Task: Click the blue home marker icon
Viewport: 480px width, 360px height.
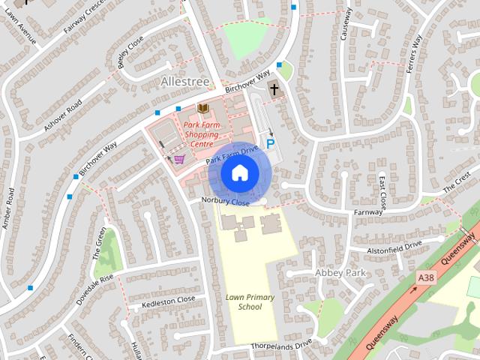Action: click(238, 173)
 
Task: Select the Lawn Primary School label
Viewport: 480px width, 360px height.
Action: click(250, 302)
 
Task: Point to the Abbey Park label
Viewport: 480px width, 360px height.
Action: click(340, 272)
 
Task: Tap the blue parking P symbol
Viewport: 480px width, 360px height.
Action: click(270, 143)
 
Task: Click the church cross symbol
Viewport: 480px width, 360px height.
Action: click(274, 90)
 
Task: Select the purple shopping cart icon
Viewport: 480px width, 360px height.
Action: click(179, 159)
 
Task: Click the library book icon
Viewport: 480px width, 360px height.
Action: click(202, 109)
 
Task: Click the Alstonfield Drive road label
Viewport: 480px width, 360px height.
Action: click(395, 246)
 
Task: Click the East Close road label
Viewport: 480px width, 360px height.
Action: click(382, 193)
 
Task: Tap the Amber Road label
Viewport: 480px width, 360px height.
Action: click(8, 209)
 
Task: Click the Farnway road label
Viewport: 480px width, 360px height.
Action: click(368, 212)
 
